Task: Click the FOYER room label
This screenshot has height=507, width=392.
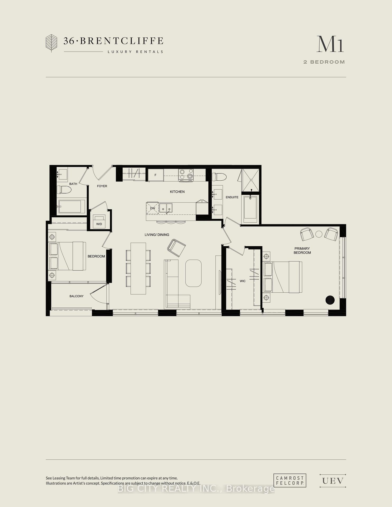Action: click(102, 186)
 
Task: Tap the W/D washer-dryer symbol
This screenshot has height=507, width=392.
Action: click(99, 221)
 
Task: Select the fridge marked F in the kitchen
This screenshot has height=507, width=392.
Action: click(156, 175)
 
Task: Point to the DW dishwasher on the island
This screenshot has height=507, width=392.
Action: click(153, 208)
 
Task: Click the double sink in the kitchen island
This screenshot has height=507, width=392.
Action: click(166, 208)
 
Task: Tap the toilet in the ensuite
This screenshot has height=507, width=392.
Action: click(219, 177)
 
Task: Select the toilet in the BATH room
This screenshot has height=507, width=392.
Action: click(64, 190)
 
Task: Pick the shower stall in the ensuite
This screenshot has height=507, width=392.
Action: click(251, 180)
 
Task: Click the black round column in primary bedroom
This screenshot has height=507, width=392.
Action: click(330, 300)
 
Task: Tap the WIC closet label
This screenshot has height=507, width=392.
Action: click(243, 281)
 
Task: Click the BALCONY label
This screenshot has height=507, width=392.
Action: click(77, 296)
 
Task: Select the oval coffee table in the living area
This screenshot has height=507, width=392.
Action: click(193, 273)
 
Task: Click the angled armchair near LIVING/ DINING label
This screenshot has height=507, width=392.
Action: click(176, 248)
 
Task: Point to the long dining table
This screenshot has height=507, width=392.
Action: click(138, 268)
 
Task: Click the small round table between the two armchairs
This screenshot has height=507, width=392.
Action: click(319, 234)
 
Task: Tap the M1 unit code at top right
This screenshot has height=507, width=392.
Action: click(330, 44)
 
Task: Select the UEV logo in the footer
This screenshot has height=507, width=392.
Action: click(333, 481)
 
